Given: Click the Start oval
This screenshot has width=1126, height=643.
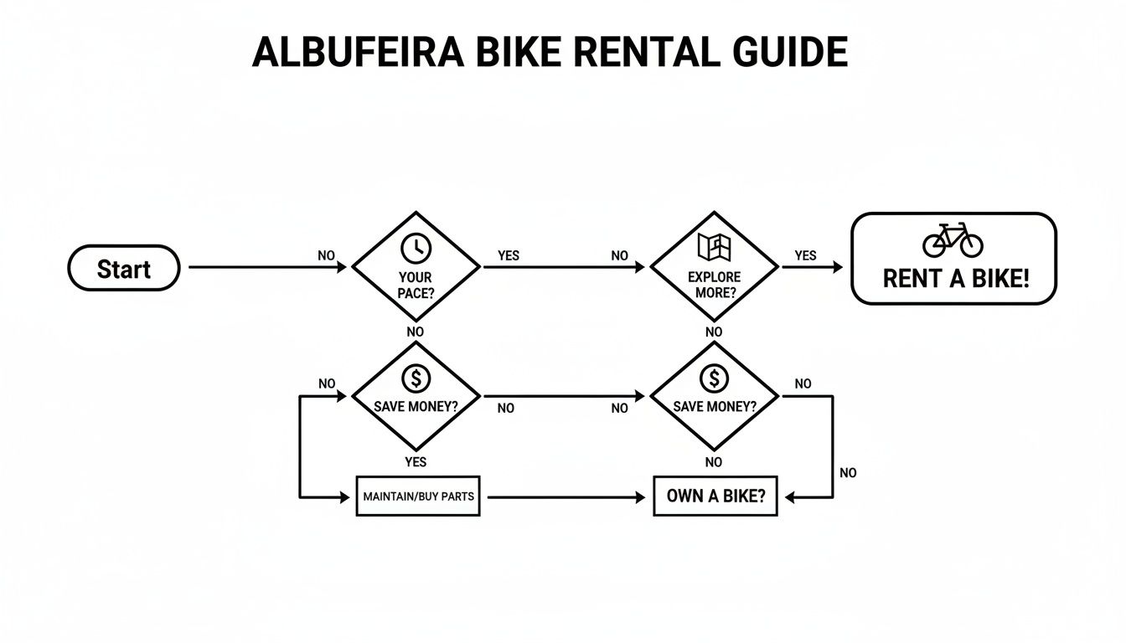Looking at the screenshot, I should click(123, 268).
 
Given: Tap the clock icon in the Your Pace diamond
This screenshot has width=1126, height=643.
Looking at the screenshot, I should click(416, 247).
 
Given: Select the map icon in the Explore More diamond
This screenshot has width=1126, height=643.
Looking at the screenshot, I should click(714, 246).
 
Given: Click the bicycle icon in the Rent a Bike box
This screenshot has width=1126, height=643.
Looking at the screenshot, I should click(953, 240).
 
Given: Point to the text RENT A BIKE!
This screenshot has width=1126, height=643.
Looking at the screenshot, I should click(955, 279).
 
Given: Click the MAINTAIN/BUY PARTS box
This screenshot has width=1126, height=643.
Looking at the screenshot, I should click(418, 496).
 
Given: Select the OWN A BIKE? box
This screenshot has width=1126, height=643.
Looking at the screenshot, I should click(715, 496).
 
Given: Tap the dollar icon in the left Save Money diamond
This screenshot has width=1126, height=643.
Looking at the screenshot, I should click(416, 378).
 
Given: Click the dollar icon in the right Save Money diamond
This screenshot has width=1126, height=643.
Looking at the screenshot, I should click(714, 378).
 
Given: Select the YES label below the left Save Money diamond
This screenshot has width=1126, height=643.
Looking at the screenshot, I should click(416, 462).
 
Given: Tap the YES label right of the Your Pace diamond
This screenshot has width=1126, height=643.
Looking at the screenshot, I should click(509, 255).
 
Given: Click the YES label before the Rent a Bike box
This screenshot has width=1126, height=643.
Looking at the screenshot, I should click(805, 255).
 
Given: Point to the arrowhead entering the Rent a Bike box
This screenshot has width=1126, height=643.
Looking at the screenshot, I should click(838, 267).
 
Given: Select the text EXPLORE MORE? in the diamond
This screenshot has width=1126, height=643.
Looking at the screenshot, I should click(714, 285).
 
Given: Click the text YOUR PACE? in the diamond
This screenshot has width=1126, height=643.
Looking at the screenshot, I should click(416, 285).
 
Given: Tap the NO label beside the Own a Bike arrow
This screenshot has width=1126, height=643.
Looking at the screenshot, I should click(848, 473).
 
